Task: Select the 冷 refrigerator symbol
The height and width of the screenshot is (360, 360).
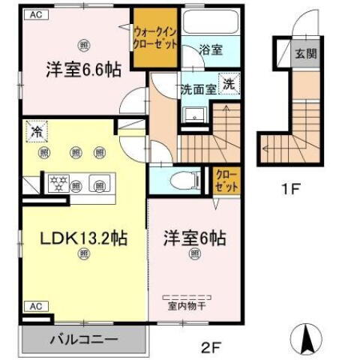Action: (x=34, y=131)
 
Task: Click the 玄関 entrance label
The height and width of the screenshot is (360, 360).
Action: (x=304, y=54)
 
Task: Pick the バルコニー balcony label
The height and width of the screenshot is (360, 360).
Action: (x=83, y=339)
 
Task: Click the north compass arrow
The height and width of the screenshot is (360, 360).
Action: (x=307, y=337)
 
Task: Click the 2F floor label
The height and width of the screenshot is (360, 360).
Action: (x=210, y=348)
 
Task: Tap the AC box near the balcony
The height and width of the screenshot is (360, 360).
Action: (x=34, y=306)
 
